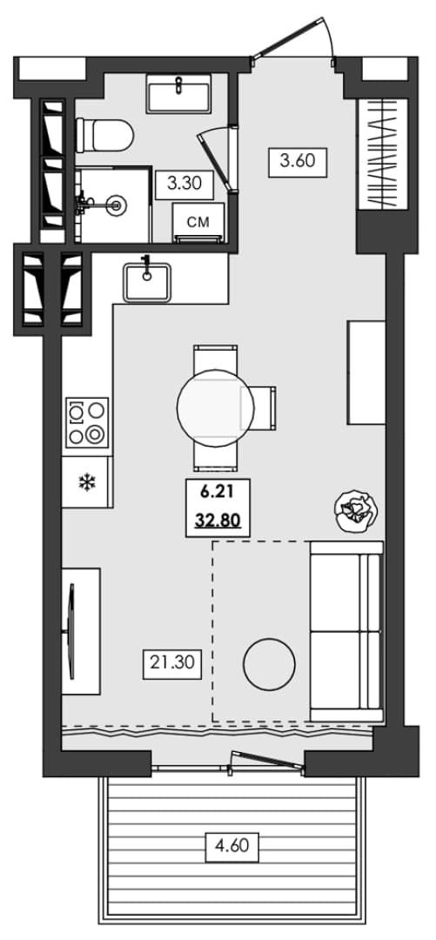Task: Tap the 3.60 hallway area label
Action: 298,161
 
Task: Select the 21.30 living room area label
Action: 172,664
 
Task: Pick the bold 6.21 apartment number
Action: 217,493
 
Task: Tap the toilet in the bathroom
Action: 104,135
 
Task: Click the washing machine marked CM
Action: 198,223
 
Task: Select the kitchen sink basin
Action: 147,282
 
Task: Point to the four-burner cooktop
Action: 87,422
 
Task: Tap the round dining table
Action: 216,407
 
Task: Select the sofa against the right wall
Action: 346,631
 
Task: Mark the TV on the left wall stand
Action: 72,631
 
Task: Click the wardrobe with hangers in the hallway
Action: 383,154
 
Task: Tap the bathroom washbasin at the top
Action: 178,93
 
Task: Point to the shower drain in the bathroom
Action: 117,205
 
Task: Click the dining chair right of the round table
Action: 258,407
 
